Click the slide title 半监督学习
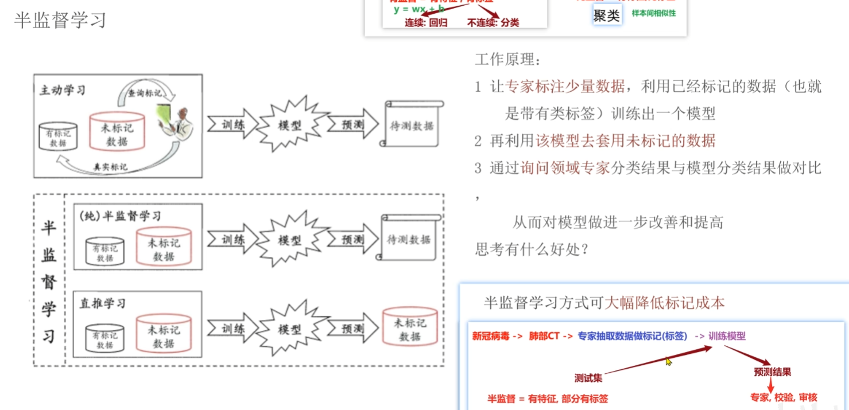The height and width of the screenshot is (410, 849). [x=60, y=20]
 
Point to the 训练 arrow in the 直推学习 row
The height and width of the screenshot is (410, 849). [x=232, y=329]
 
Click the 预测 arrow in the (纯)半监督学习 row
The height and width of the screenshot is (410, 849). [x=352, y=240]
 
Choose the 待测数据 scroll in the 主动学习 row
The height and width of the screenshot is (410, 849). [x=412, y=126]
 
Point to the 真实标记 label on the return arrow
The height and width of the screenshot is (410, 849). [x=110, y=167]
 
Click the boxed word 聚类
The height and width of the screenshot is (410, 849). [x=607, y=15]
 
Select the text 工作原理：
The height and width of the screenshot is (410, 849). [x=508, y=59]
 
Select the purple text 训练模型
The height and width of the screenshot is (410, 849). [x=727, y=336]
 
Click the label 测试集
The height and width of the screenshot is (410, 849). [x=588, y=378]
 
